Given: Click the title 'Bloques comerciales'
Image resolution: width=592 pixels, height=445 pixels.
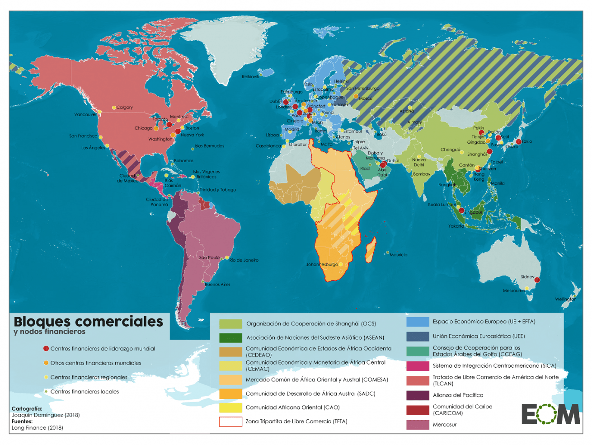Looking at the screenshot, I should [88, 321].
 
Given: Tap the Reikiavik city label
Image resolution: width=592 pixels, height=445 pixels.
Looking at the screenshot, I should [250, 77].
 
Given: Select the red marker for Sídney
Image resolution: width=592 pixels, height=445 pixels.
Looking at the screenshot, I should [537, 280].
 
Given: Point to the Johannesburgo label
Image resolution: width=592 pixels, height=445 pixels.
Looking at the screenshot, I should [322, 264].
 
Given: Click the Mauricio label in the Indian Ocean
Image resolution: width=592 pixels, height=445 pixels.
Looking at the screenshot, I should [398, 255].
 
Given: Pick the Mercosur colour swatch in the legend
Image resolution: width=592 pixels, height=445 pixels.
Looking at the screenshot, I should [418, 425].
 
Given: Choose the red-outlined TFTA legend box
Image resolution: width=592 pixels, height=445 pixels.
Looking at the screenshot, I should [230, 422].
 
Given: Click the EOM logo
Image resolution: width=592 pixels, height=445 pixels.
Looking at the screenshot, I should [550, 414].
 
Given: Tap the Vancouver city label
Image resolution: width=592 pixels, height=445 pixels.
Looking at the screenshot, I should [85, 114].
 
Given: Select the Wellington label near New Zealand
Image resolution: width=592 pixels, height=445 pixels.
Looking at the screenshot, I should [565, 299].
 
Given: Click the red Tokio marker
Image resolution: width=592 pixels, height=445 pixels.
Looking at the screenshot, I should [518, 142].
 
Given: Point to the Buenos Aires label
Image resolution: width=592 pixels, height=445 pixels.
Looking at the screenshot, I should [217, 285].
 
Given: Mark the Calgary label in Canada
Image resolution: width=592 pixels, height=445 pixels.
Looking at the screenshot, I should [125, 108].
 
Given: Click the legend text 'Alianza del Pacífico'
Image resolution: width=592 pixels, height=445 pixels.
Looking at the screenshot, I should [458, 395].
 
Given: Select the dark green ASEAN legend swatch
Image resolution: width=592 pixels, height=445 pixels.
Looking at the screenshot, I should [230, 337].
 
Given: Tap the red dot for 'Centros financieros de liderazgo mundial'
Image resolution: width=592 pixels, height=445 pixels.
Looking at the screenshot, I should [46, 349].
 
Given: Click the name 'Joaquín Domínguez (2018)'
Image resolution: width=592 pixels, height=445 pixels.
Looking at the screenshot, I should [46, 415].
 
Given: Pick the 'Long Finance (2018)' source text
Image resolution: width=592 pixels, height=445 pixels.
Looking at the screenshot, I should [38, 427].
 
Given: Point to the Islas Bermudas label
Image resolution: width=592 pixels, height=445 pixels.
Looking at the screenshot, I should [209, 146].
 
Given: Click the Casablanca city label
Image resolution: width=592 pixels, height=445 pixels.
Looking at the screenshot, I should [268, 146].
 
